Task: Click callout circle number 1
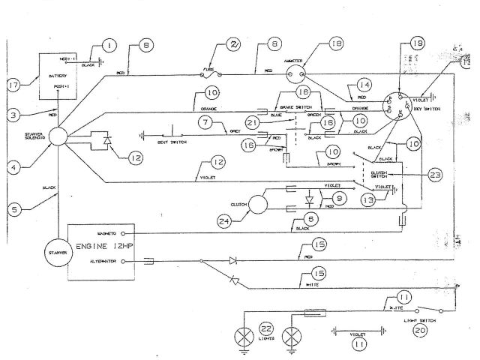click(x=112, y=46)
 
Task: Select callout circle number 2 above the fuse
click(x=235, y=45)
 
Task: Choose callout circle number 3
click(x=13, y=115)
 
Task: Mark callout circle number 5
click(x=13, y=211)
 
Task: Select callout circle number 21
click(x=253, y=121)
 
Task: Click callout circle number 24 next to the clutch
click(x=224, y=220)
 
